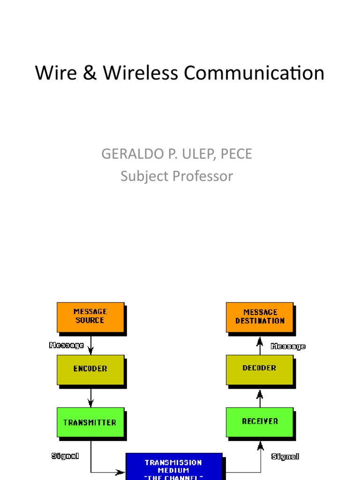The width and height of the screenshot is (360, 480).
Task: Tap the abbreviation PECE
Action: coord(237,154)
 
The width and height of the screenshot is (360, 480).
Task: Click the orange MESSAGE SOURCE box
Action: coord(90,317)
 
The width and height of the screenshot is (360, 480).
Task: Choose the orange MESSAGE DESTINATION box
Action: coord(260,317)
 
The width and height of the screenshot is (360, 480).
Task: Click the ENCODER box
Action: coord(90,369)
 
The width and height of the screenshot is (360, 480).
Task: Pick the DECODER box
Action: coord(260,369)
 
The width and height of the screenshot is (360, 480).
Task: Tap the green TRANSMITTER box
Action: coord(90,422)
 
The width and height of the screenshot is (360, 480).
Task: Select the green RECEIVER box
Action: coord(260,421)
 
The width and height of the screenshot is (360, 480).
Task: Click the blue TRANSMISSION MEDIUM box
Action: coord(173,466)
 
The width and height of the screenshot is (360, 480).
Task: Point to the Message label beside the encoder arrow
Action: coord(67,345)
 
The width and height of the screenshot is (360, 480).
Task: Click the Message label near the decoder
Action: coord(288,346)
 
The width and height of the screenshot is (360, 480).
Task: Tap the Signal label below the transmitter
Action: coord(65,455)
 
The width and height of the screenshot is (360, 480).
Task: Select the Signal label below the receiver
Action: coord(285,456)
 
